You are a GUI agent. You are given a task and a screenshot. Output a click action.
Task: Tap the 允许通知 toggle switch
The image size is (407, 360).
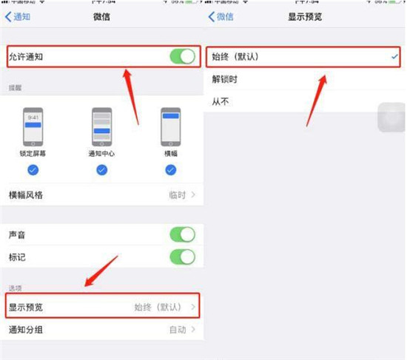[181, 56]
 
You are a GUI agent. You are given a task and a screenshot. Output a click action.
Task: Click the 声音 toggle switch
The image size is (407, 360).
[181, 234]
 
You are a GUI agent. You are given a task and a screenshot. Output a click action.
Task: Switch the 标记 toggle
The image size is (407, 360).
[181, 257]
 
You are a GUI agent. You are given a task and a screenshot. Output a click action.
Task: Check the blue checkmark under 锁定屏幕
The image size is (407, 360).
[33, 170]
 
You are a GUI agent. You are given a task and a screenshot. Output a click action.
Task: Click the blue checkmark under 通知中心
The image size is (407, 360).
[101, 170]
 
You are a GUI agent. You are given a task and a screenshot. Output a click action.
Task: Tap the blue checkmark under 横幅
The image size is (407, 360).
[171, 170]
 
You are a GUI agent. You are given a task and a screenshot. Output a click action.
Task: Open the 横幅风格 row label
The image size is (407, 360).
[26, 195]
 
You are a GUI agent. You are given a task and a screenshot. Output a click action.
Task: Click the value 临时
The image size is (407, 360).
[178, 195]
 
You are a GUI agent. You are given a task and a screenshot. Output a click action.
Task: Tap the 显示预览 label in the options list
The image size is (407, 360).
[26, 306]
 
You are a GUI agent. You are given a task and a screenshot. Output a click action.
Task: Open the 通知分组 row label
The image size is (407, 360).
[26, 330]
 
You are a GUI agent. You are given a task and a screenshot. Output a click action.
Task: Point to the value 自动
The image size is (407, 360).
[178, 330]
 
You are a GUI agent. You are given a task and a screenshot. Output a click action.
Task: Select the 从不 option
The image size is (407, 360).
[221, 101]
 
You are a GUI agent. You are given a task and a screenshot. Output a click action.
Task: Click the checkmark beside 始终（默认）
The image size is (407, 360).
[395, 56]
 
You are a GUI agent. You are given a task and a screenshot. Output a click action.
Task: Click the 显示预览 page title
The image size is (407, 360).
[304, 16]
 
